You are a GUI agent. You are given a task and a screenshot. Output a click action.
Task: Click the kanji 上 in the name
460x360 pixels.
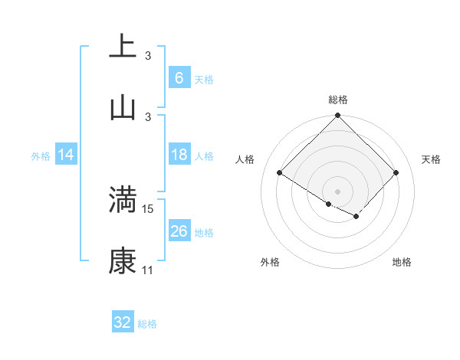pos(123,47)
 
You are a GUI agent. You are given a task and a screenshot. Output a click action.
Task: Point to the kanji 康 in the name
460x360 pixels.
pos(123,261)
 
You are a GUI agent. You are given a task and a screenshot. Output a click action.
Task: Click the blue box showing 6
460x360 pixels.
pos(179,78)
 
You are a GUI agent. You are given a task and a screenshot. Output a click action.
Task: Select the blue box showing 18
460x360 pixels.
pos(179,155)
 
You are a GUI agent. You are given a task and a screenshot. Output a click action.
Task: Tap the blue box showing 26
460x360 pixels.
pos(179,231)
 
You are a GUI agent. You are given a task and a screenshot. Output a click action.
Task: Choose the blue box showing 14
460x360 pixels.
pos(66,155)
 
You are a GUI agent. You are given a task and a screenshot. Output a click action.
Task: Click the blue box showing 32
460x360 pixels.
pos(123,323)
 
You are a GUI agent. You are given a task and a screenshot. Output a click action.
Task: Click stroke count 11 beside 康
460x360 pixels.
pos(147,270)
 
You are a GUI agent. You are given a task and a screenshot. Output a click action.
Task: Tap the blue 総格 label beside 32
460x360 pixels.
pos(147,324)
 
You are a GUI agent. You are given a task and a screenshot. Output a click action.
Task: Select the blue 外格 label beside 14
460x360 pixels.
pos(41,155)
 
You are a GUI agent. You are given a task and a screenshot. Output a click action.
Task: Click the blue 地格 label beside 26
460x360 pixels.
pos(204,232)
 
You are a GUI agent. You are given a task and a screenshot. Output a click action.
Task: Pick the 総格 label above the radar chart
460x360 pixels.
pos(337,100)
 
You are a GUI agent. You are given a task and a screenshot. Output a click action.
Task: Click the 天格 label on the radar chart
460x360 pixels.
pos(431,159)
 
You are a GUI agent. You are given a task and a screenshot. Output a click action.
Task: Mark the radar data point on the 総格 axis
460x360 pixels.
pos(337,116)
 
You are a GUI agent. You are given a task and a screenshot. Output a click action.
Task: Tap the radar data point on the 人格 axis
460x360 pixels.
pos(280,173)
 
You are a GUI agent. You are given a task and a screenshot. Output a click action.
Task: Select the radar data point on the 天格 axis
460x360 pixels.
pos(396,173)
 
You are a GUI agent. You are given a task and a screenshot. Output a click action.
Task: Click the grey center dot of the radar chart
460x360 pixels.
pos(337,191)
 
